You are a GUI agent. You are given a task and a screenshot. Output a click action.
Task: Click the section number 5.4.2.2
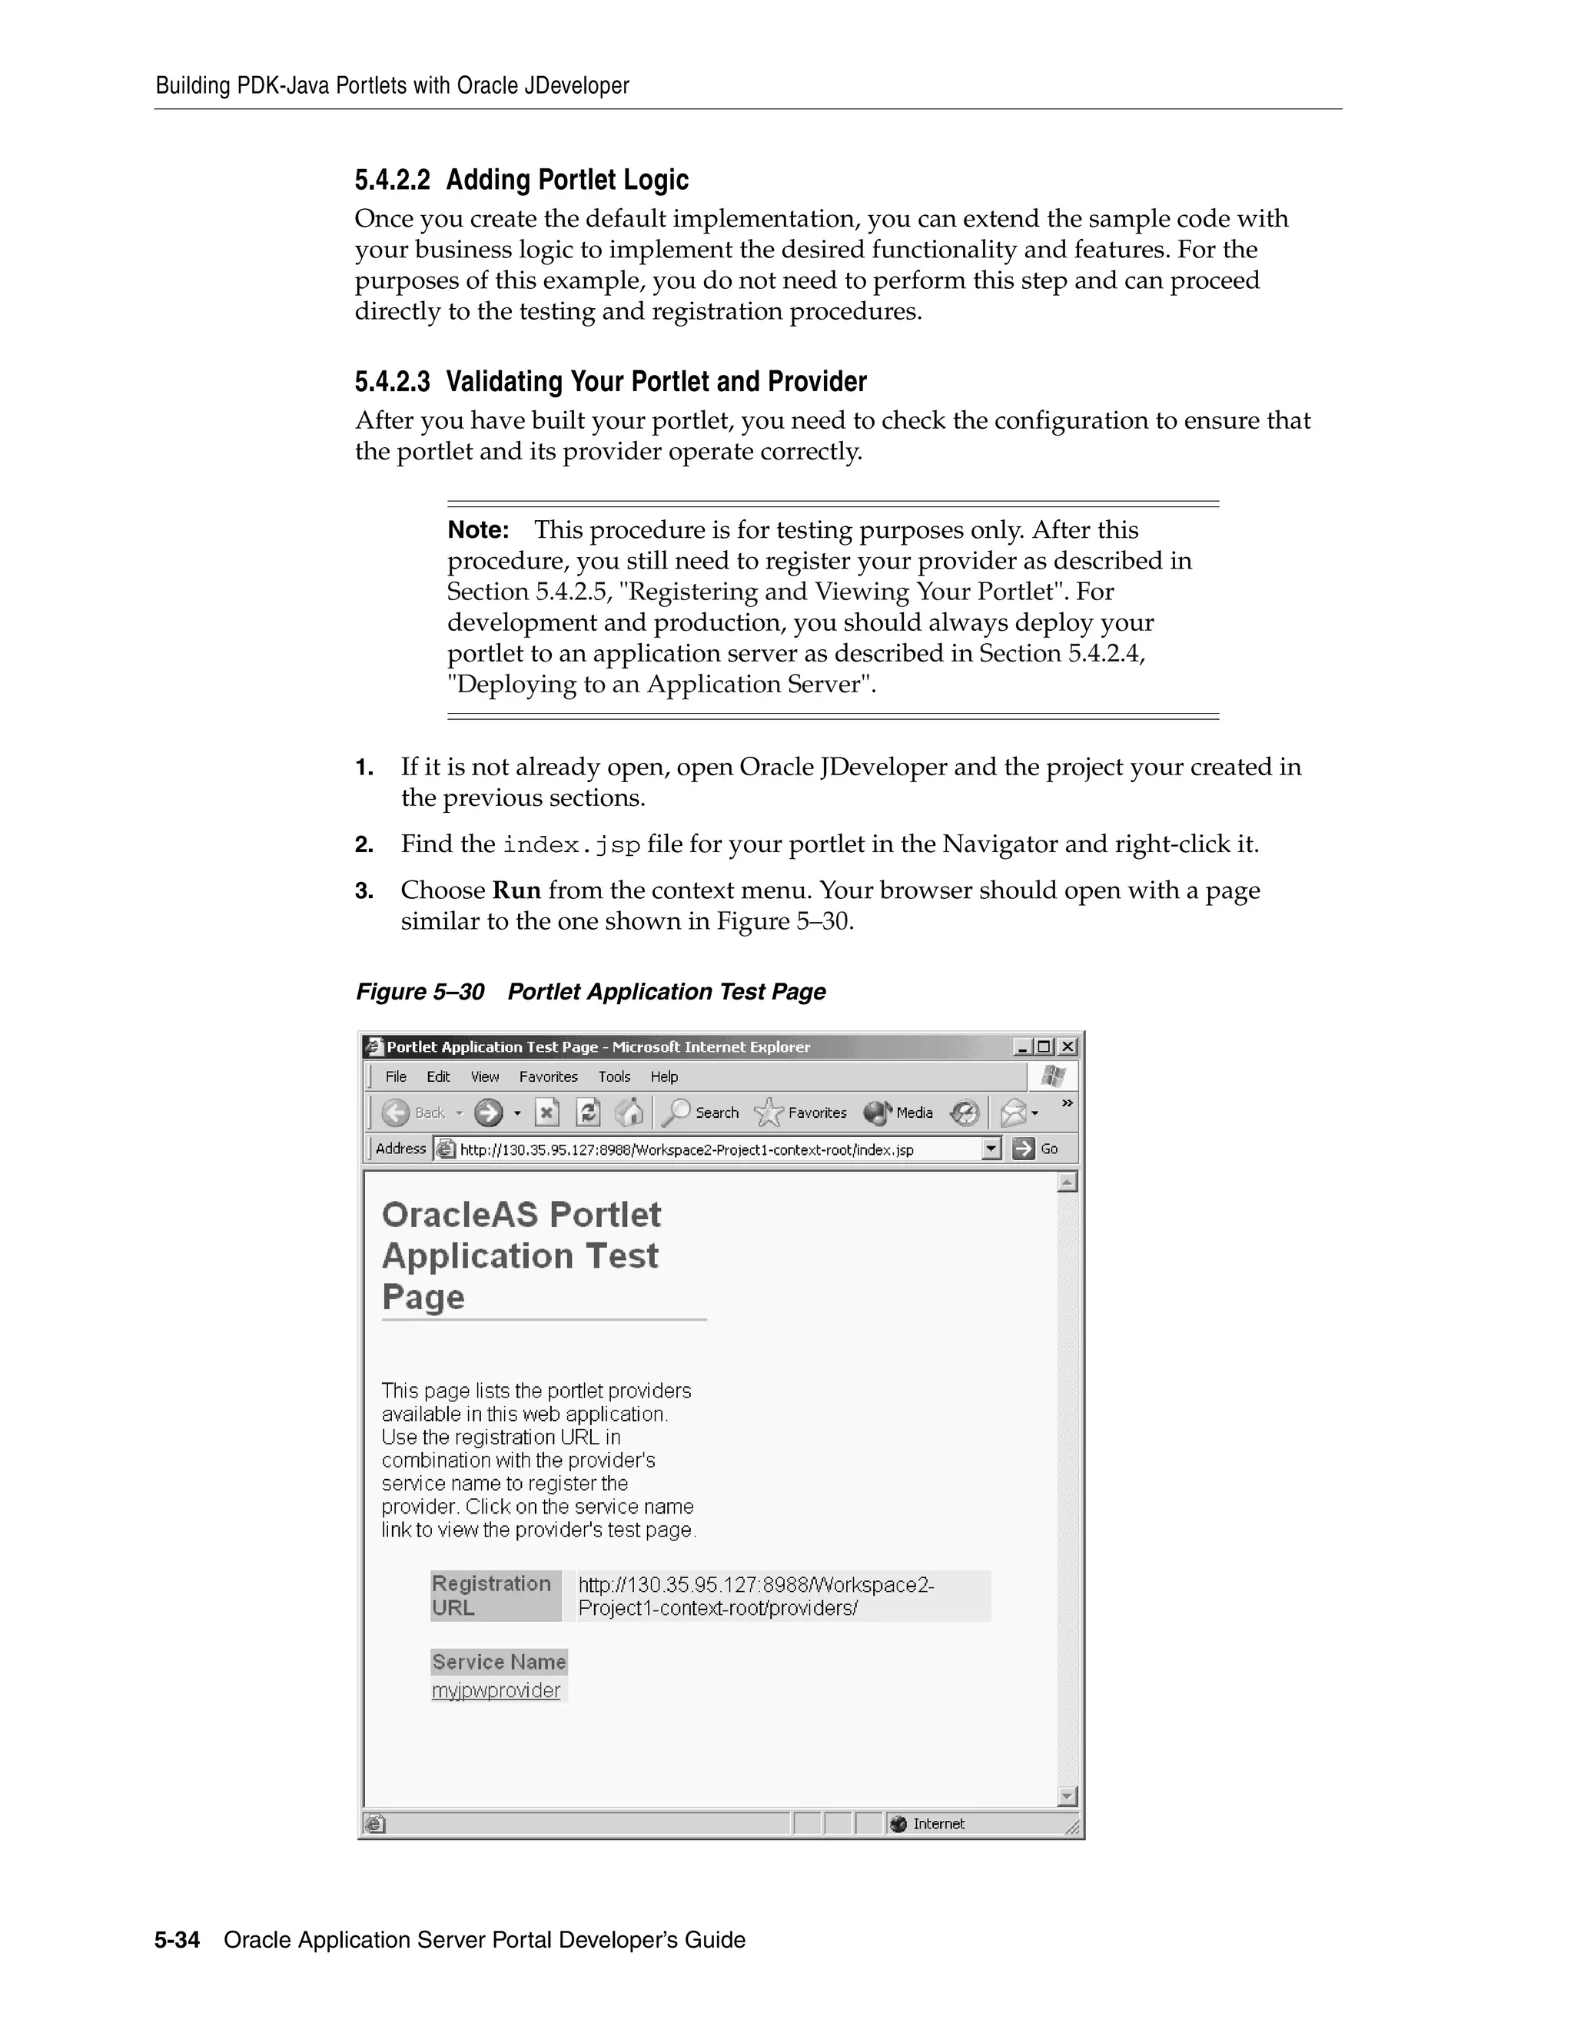coord(392,180)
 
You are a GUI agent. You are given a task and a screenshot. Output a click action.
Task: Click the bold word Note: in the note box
coord(477,530)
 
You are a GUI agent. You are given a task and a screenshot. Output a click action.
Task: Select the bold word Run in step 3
coord(516,890)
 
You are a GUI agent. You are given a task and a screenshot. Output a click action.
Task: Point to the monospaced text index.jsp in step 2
coord(572,846)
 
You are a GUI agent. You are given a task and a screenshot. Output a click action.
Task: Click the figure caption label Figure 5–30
coord(420,992)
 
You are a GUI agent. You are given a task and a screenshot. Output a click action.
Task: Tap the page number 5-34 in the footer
coord(178,1940)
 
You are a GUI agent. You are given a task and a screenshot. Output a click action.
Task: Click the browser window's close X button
coord(1068,1047)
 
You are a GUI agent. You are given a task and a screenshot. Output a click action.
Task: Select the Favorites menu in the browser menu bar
coord(548,1076)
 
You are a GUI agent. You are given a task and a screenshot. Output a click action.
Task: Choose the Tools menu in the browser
coord(615,1076)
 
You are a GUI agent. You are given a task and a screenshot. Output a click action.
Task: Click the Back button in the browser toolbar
coord(414,1113)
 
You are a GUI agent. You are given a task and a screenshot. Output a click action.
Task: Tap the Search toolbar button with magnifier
coord(704,1113)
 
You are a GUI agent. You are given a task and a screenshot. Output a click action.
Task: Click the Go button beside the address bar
coord(1036,1149)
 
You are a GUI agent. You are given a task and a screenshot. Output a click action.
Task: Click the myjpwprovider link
coord(496,1691)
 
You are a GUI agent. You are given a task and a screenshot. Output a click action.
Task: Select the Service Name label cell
coord(499,1662)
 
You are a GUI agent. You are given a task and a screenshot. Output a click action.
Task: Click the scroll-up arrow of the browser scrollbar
coord(1068,1183)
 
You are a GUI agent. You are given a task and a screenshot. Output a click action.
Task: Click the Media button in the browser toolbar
coord(899,1113)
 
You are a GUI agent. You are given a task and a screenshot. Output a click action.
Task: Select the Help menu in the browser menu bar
coord(664,1076)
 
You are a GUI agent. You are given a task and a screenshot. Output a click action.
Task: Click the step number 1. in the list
coord(364,768)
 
